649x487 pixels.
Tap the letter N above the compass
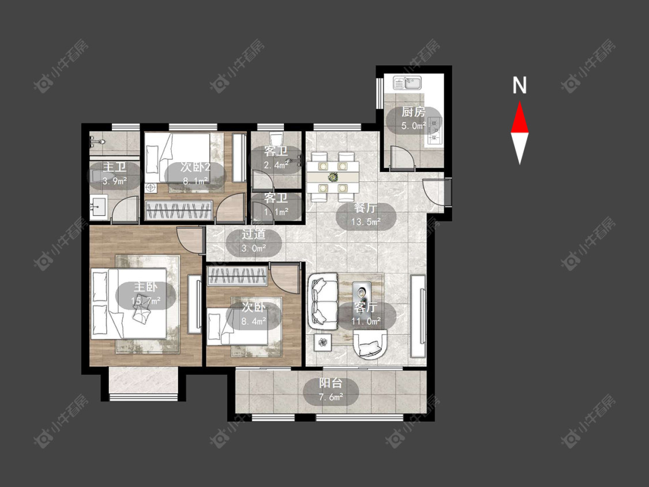click(x=519, y=85)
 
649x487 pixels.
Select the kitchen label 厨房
click(x=413, y=112)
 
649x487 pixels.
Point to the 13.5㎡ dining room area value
click(x=366, y=222)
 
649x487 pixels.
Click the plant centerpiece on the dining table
click(x=332, y=177)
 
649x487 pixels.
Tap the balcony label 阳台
click(x=331, y=383)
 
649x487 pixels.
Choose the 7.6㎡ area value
click(x=331, y=398)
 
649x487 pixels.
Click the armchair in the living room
click(x=370, y=343)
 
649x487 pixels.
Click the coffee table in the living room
click(x=361, y=293)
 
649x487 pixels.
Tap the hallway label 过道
click(x=254, y=234)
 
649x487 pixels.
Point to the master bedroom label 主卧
click(x=145, y=287)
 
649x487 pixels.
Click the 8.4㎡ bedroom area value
click(x=254, y=321)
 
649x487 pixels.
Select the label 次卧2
click(x=196, y=167)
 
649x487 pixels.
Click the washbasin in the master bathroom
click(x=99, y=206)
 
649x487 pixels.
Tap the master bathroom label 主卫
click(x=115, y=167)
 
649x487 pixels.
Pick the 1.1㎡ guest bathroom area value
click(x=276, y=212)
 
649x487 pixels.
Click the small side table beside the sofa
click(x=323, y=342)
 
